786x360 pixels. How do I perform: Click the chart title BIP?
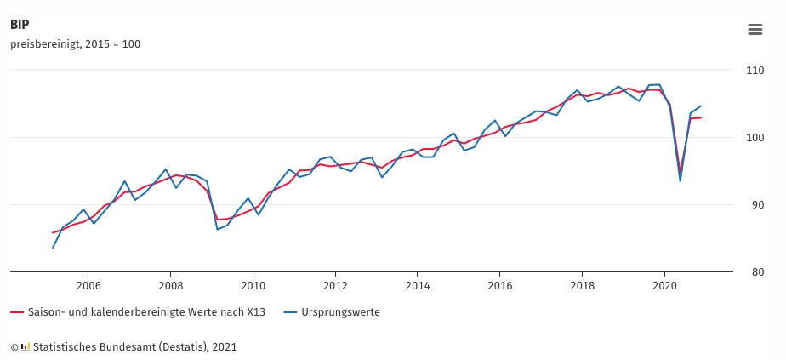[x=20, y=25]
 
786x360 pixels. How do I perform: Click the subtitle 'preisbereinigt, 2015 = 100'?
[x=75, y=44]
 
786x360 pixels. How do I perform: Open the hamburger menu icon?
[x=755, y=29]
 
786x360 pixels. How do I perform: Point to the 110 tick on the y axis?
[x=755, y=70]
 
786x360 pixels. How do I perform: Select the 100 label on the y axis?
[x=755, y=137]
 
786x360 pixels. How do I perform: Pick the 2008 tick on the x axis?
[x=171, y=286]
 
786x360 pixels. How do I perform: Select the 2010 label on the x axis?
[x=253, y=286]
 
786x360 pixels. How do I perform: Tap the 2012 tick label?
[x=335, y=286]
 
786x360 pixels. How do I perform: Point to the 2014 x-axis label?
[x=417, y=286]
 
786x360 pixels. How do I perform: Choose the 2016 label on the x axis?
[x=499, y=286]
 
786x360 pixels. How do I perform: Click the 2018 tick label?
[x=582, y=286]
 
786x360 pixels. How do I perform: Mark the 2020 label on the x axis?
[x=664, y=286]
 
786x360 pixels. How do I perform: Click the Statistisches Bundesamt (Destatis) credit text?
[x=135, y=347]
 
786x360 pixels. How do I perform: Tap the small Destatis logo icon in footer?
[x=26, y=347]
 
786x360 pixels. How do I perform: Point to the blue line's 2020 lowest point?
[x=681, y=180]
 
